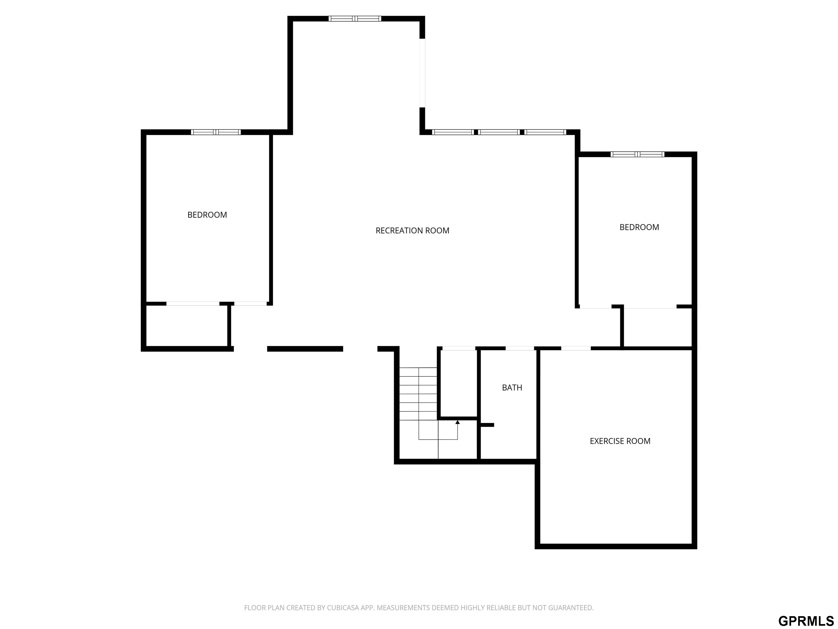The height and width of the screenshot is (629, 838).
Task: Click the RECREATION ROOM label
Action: point(412,230)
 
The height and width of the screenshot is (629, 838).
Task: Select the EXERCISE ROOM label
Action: point(620,441)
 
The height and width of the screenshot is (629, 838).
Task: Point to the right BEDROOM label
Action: point(639,227)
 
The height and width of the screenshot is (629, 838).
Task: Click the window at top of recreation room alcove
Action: point(355,19)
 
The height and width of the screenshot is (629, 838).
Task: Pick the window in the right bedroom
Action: point(637,154)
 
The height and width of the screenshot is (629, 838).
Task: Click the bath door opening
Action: point(520,348)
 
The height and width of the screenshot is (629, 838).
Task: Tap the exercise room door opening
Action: point(576,348)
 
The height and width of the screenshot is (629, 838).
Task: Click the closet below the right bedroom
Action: point(658,327)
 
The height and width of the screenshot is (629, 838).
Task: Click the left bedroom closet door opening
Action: point(193,304)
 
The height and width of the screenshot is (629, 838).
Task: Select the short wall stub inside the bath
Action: point(487,425)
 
